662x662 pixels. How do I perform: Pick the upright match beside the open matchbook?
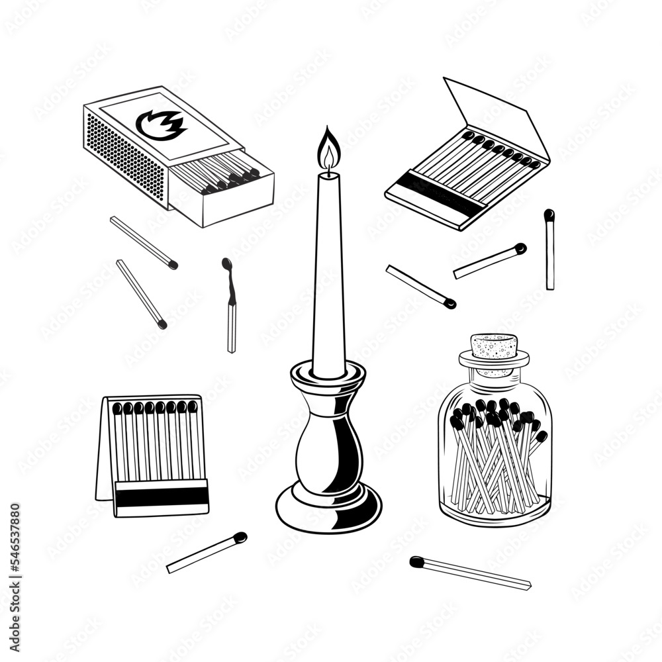click(x=549, y=250)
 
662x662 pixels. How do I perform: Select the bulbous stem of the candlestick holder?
click(x=328, y=450)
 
